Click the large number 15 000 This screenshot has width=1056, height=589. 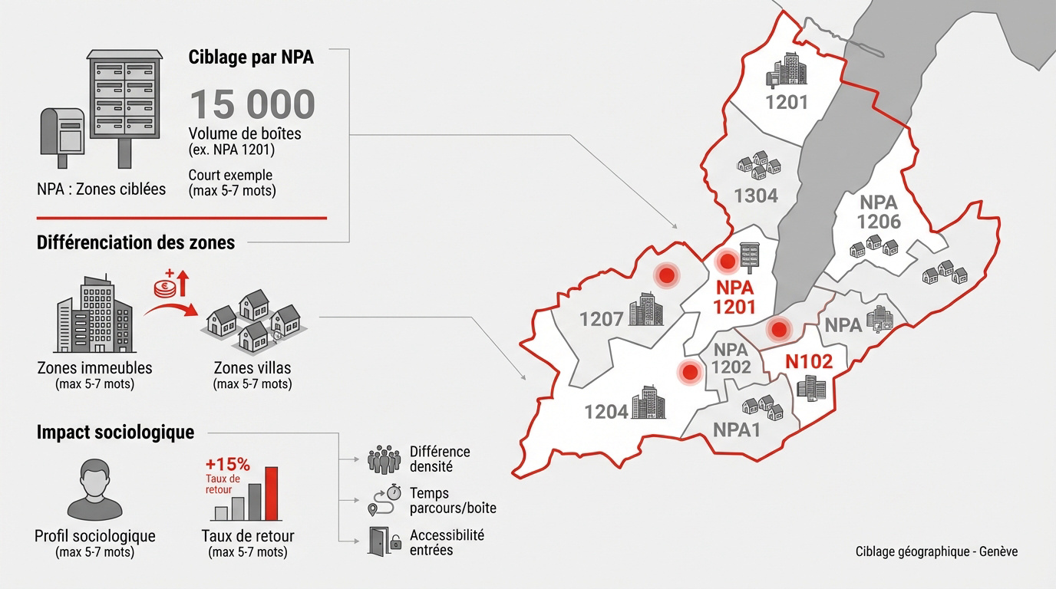[252, 104]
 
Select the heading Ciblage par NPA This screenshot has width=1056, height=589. [251, 58]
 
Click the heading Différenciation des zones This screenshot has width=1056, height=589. [136, 242]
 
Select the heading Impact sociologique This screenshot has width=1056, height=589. [115, 433]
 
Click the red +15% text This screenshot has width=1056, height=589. [227, 464]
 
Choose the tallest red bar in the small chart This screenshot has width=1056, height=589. [271, 493]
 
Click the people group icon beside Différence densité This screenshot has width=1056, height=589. [384, 459]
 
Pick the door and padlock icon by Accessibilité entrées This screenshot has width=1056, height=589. [384, 541]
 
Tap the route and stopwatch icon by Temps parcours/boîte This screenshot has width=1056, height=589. [384, 500]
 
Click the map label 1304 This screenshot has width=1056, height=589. [756, 196]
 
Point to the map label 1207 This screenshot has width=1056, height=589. [601, 318]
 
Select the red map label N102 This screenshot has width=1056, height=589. [809, 362]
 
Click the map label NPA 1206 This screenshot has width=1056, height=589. [879, 212]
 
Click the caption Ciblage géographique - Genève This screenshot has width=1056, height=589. [936, 551]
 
